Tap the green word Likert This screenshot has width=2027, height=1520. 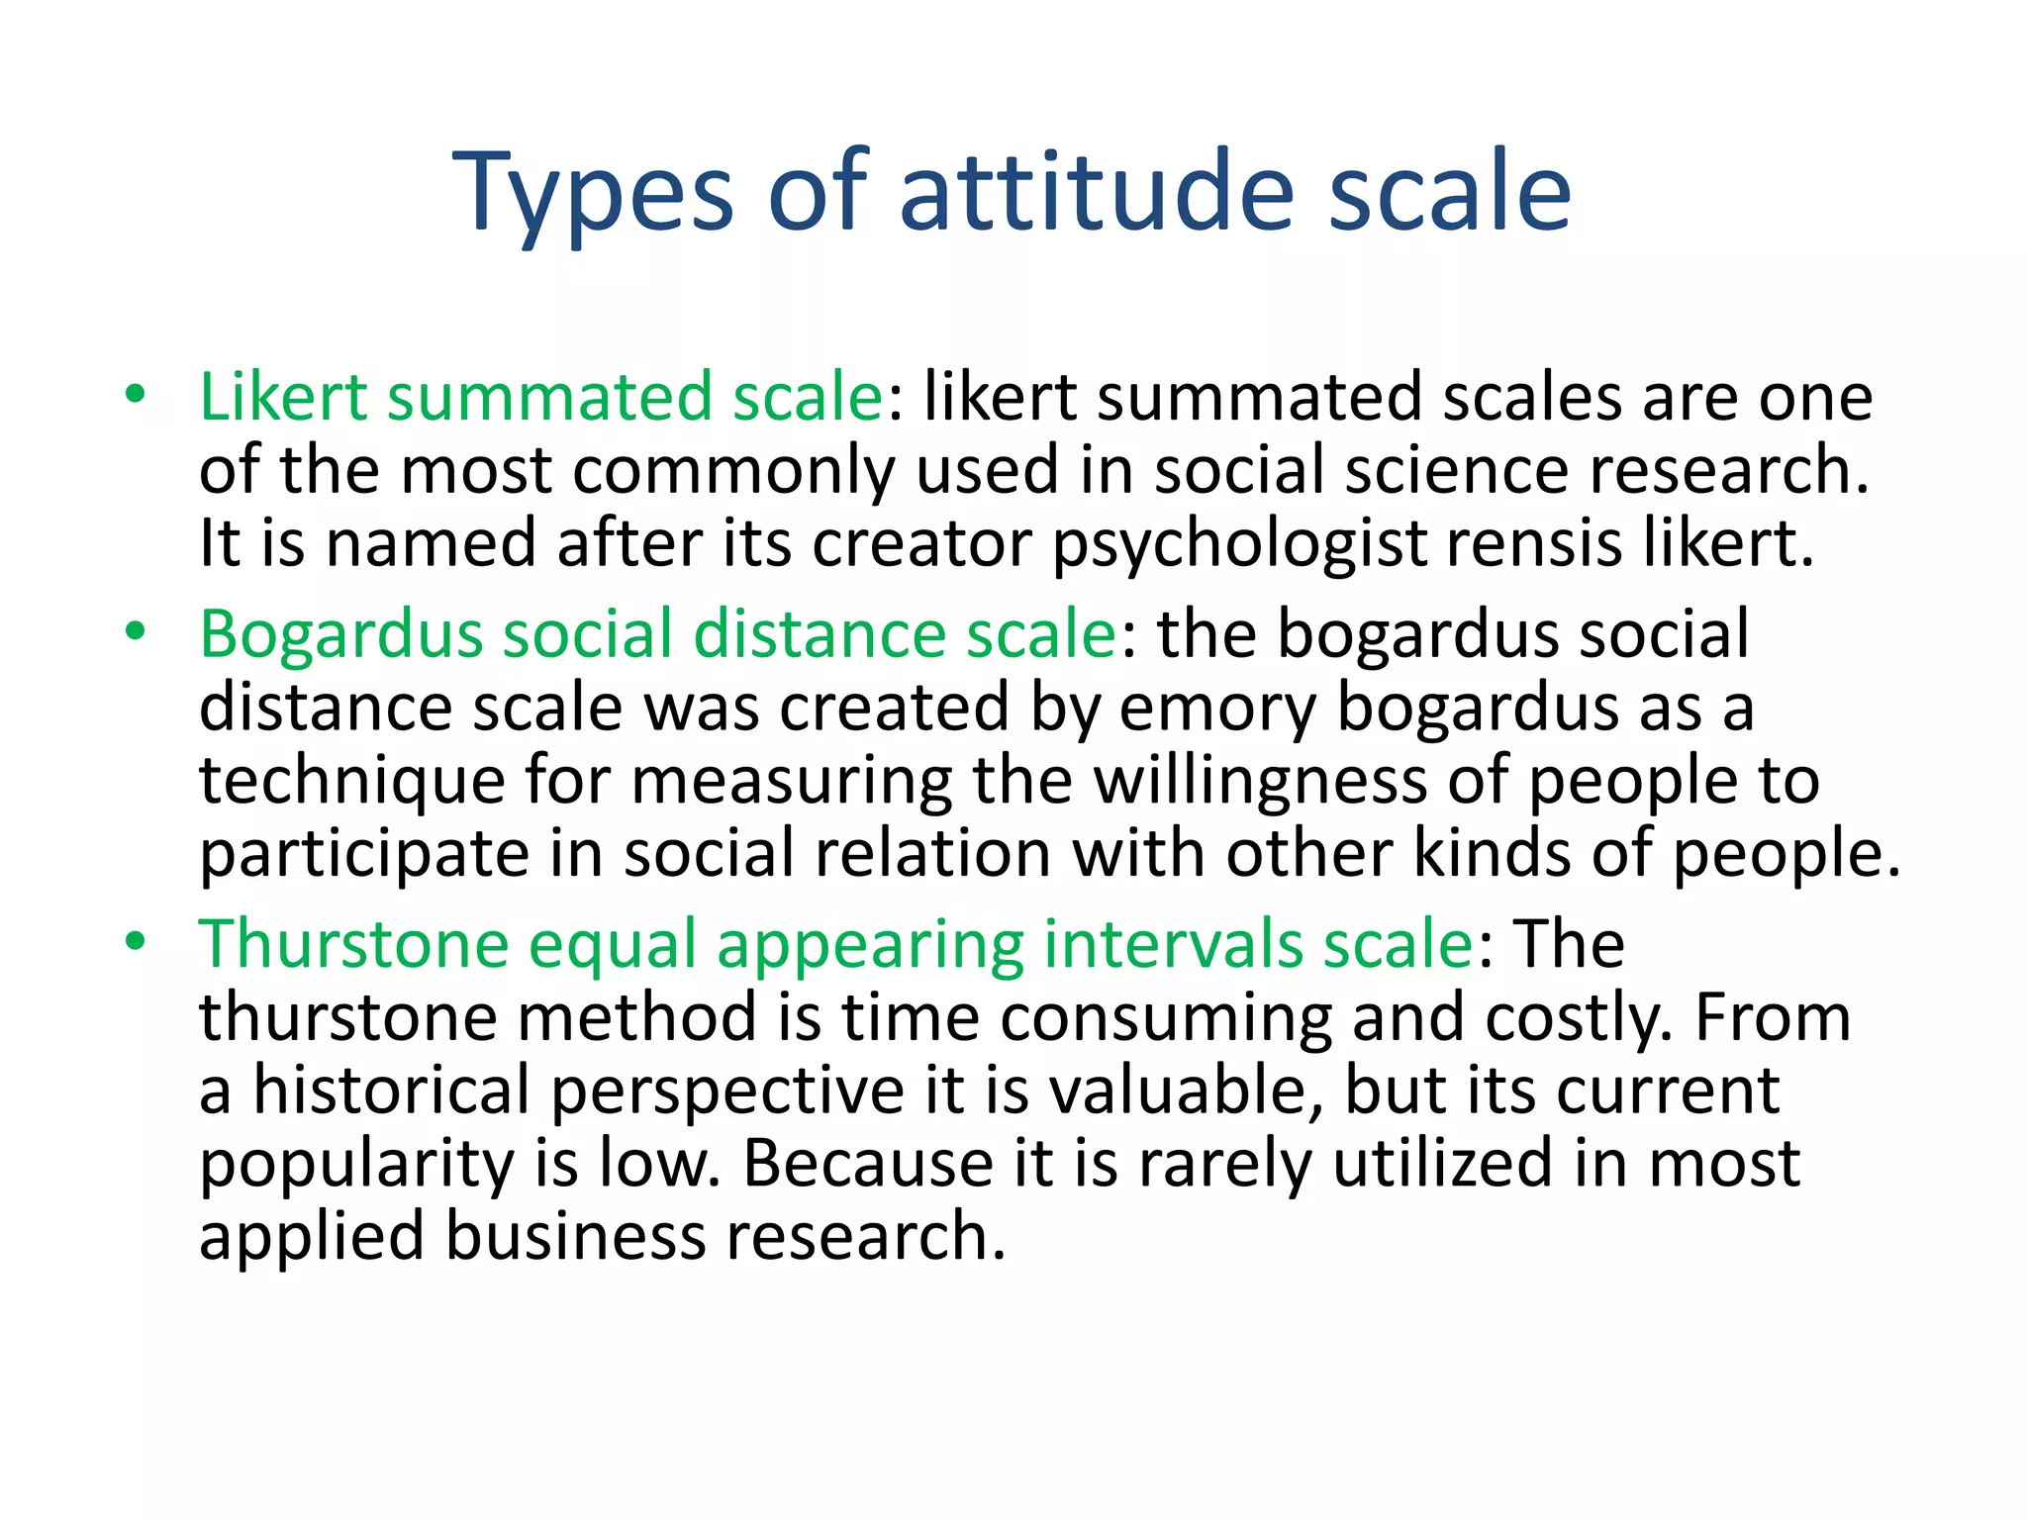(283, 397)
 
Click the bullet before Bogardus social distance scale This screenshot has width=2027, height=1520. (136, 631)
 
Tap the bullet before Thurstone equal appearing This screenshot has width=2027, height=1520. (136, 941)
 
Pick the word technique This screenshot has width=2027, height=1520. (352, 782)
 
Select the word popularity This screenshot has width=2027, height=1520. (356, 1166)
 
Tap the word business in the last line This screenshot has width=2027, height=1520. (574, 1237)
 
